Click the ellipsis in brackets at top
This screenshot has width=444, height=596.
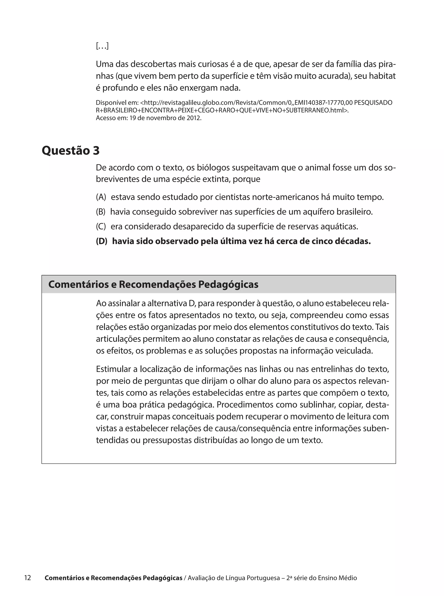[102, 46]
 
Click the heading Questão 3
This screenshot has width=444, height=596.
[71, 150]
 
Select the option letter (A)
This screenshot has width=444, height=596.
[101, 197]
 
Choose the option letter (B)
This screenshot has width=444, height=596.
[101, 212]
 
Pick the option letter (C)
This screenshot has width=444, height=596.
[101, 227]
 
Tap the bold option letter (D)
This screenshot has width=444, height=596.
[102, 241]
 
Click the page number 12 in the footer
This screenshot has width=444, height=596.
[28, 578]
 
